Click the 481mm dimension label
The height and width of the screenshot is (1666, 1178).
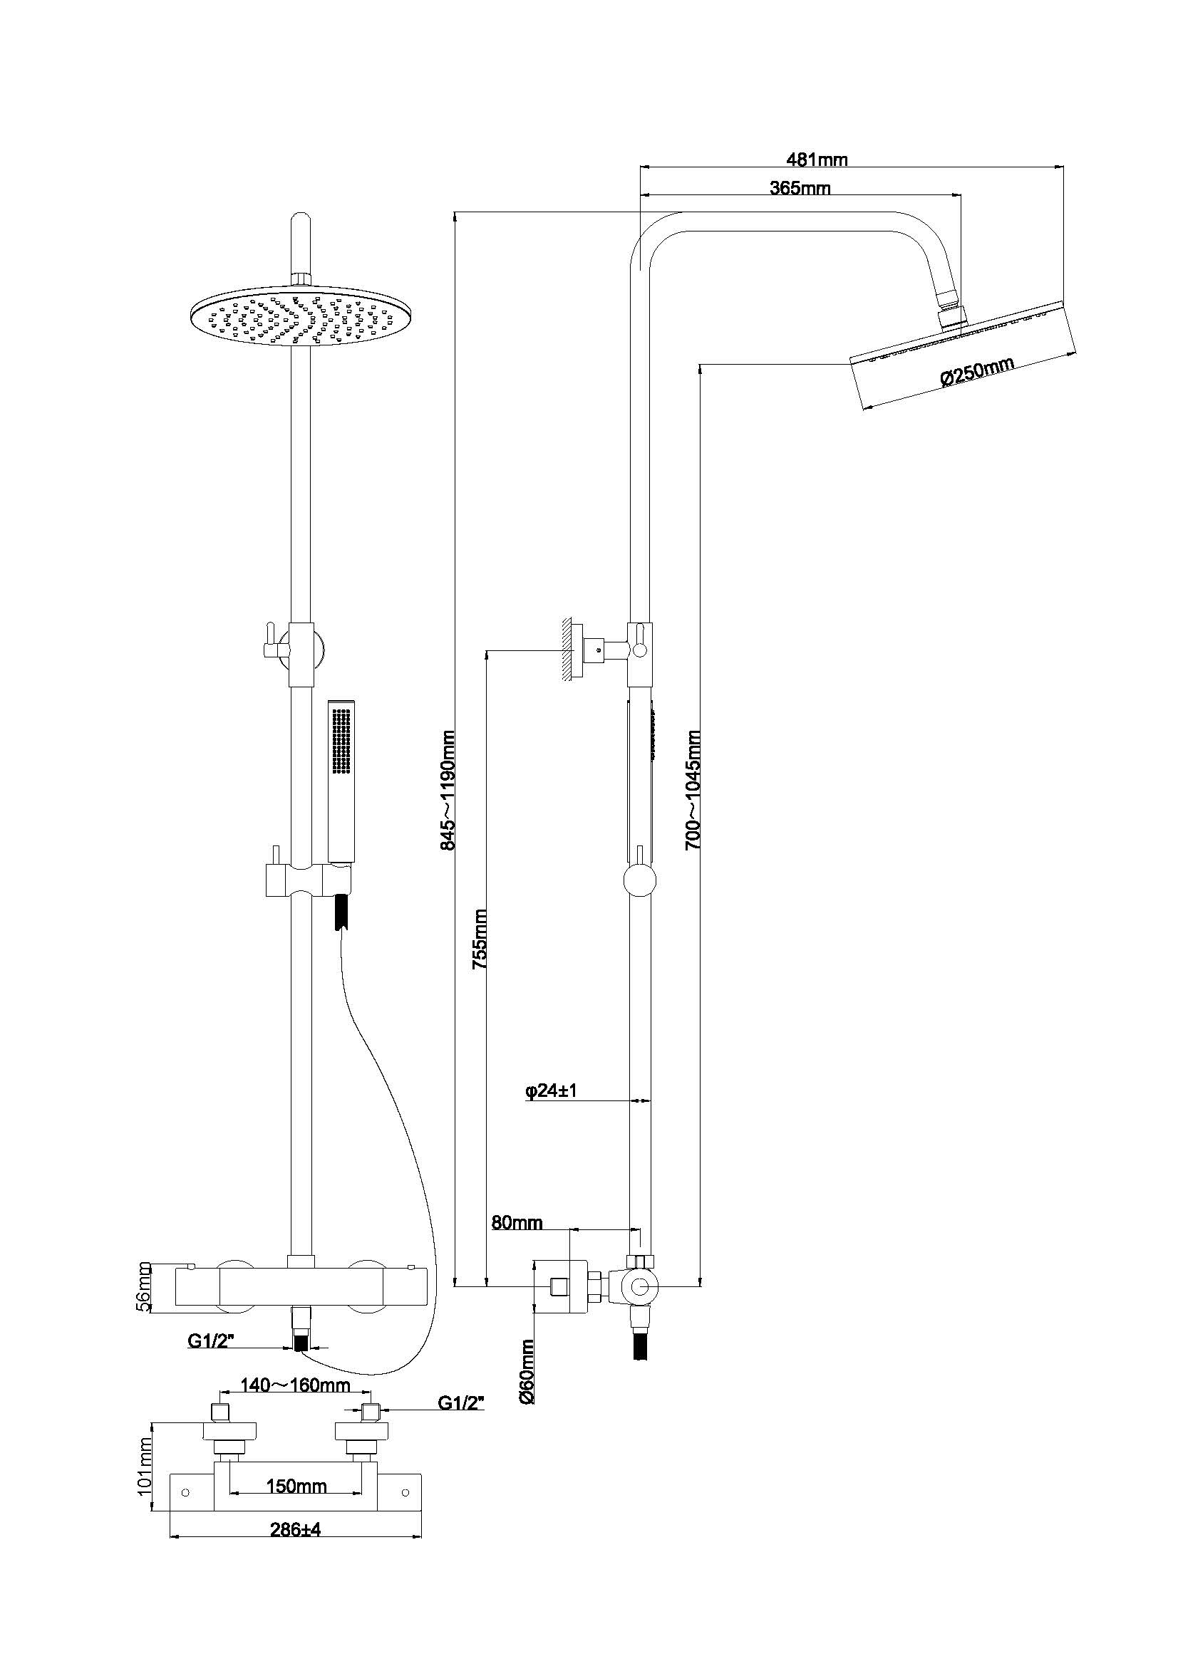[x=817, y=159]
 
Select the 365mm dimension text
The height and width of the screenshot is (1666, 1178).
[x=800, y=188]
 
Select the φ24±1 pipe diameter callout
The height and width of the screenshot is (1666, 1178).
[x=550, y=1111]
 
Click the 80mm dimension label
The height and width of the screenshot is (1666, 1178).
[x=517, y=1223]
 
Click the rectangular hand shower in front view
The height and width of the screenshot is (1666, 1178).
[x=341, y=780]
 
